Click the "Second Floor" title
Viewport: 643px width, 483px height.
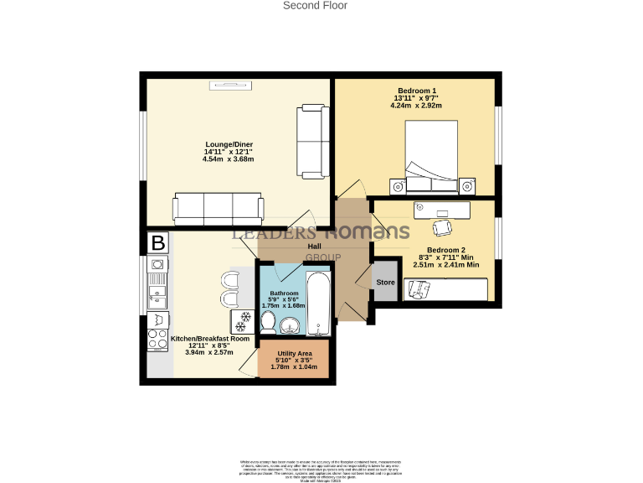pyautogui.click(x=315, y=6)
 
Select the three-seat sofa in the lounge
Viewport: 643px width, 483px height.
pyautogui.click(x=218, y=206)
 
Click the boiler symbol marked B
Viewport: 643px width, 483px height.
pyautogui.click(x=156, y=243)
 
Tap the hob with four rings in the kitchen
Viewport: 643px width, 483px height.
pyautogui.click(x=157, y=339)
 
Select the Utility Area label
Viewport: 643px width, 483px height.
pyautogui.click(x=293, y=355)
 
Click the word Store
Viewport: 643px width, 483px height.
pyautogui.click(x=385, y=283)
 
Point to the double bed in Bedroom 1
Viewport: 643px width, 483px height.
pyautogui.click(x=431, y=156)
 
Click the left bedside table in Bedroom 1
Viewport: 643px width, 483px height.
pyautogui.click(x=397, y=184)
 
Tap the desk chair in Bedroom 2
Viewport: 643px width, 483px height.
pyautogui.click(x=441, y=226)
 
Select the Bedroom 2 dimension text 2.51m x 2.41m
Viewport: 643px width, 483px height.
pyautogui.click(x=446, y=265)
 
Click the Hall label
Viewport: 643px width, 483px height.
pyautogui.click(x=315, y=247)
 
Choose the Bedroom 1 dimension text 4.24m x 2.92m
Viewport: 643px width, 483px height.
pyautogui.click(x=416, y=106)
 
